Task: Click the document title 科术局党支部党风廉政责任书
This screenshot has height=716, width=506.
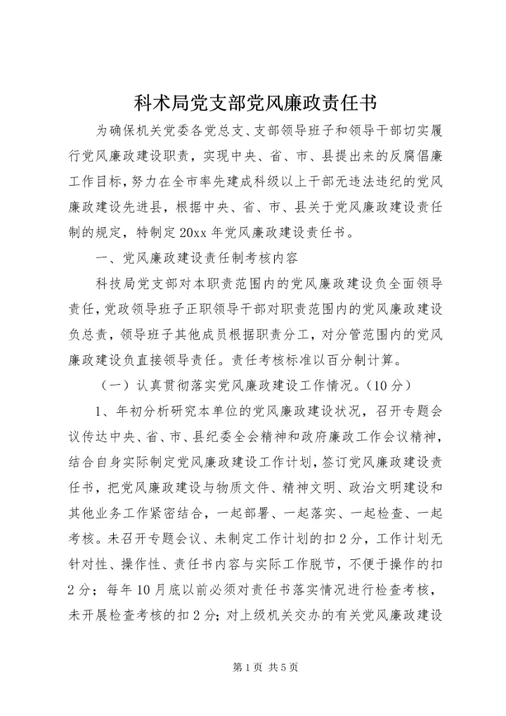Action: pos(252,103)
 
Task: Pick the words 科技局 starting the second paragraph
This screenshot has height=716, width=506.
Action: pos(110,283)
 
